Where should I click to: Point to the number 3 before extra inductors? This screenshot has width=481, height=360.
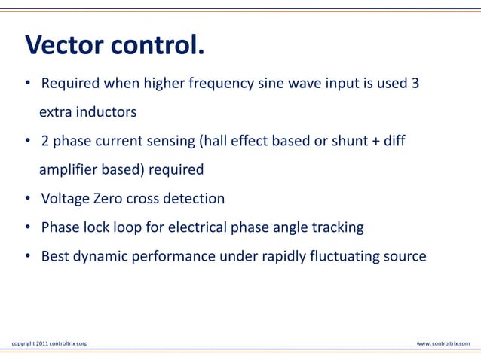[x=415, y=83]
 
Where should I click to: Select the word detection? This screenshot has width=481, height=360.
[x=193, y=199]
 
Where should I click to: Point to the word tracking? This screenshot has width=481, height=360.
[x=337, y=227]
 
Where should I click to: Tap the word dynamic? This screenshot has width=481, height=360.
[x=100, y=256]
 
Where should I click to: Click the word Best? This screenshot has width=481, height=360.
[x=54, y=256]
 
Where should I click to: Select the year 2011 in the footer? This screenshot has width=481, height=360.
[x=41, y=344]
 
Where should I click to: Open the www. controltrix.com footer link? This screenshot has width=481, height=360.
[x=443, y=344]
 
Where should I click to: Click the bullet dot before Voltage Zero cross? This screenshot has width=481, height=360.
[x=26, y=200]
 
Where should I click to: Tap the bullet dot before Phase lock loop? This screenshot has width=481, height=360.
[x=26, y=228]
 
